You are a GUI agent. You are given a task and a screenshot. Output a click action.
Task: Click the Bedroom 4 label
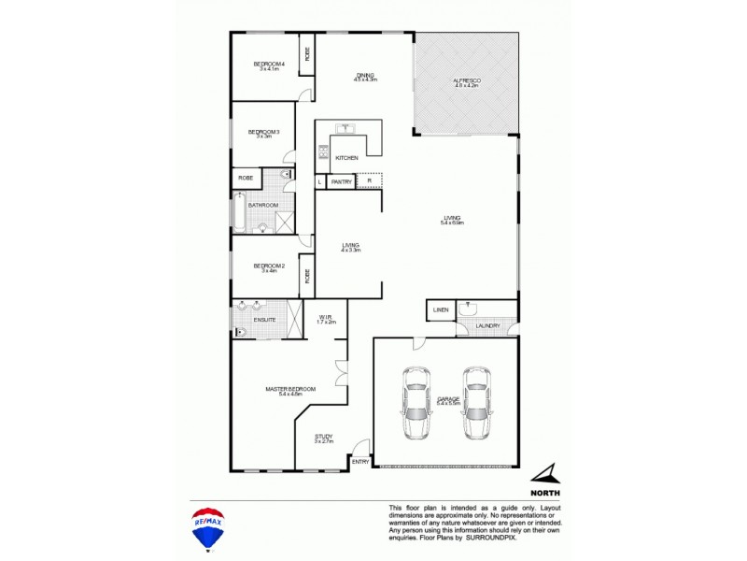click(269, 65)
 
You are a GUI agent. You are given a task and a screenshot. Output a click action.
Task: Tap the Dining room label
click(364, 77)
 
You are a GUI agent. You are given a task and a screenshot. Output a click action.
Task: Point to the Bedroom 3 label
click(263, 132)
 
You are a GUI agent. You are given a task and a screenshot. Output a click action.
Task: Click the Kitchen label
click(346, 158)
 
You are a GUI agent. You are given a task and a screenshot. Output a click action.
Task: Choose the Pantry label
click(341, 182)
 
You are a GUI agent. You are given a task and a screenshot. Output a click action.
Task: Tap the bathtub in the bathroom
click(240, 211)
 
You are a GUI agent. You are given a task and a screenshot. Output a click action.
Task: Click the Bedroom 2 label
click(269, 266)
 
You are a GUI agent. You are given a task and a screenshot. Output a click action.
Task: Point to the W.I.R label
click(327, 319)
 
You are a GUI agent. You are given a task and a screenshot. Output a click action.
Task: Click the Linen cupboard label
click(441, 309)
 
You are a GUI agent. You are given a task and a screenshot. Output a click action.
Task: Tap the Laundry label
click(486, 326)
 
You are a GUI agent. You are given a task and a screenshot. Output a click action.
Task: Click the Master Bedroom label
click(290, 390)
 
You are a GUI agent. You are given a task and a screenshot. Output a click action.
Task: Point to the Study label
click(324, 437)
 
